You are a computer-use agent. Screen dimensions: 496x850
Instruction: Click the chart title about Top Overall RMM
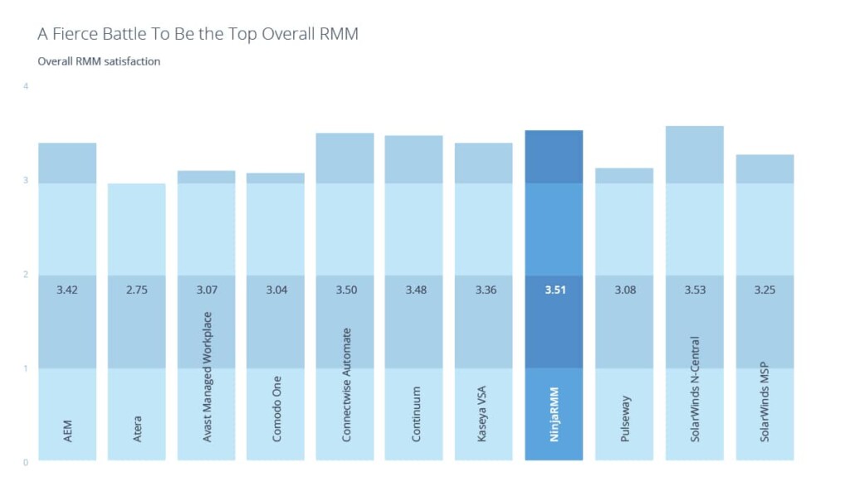tap(198, 34)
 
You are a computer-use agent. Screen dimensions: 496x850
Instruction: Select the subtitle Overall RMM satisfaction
tap(99, 61)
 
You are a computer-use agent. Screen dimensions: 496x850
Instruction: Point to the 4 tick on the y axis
tap(27, 86)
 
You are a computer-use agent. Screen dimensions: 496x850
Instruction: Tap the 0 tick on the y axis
tap(27, 462)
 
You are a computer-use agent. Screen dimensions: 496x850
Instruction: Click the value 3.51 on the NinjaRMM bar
tap(554, 290)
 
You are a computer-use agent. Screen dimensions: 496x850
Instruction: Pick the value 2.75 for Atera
tap(137, 290)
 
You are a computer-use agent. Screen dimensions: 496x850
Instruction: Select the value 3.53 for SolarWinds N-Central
tap(695, 290)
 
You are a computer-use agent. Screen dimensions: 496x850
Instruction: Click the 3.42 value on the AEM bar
tap(67, 290)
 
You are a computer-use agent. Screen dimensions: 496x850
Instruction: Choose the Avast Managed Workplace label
tap(208, 376)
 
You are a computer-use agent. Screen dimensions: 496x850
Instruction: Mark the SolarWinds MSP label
tap(765, 401)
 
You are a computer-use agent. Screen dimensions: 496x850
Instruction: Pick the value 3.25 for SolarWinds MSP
tap(765, 290)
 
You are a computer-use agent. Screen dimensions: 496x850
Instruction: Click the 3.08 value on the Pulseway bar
tap(624, 290)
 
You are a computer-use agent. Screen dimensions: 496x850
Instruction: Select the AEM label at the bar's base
tap(67, 430)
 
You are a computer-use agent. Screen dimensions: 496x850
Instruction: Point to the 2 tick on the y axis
tap(27, 275)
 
